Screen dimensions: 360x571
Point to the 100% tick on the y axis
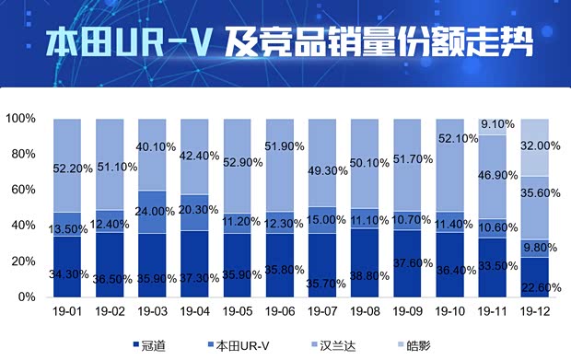[20, 119]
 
